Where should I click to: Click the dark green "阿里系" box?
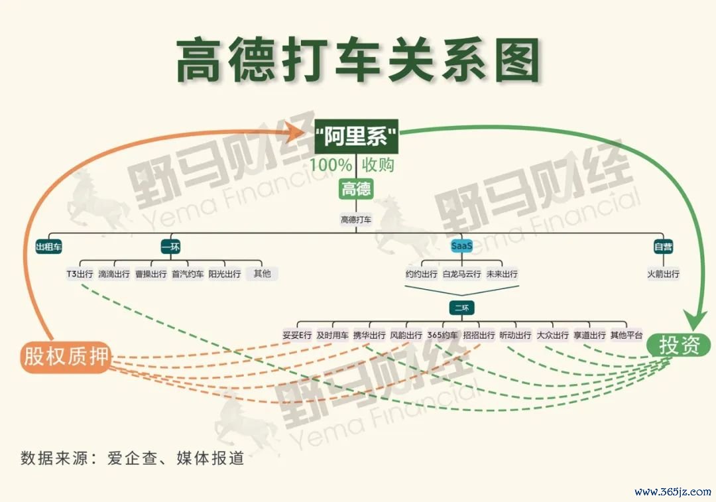point(356,137)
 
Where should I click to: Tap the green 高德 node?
point(356,188)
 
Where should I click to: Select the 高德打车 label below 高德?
point(356,220)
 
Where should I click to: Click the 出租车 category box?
point(49,247)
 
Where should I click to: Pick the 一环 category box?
point(171,247)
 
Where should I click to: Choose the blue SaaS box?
point(461,246)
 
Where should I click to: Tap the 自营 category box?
point(663,247)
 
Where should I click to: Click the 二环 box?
point(461,308)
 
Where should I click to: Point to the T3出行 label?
point(80,274)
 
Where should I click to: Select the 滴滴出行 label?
point(114,274)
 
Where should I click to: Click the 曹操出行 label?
point(151,274)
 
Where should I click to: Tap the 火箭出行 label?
point(663,274)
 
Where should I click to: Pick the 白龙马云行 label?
point(461,274)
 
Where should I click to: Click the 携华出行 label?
point(369,336)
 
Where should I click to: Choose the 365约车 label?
point(442,336)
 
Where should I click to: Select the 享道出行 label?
point(589,336)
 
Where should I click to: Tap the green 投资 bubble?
point(680,345)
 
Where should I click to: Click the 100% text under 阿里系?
point(331,164)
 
